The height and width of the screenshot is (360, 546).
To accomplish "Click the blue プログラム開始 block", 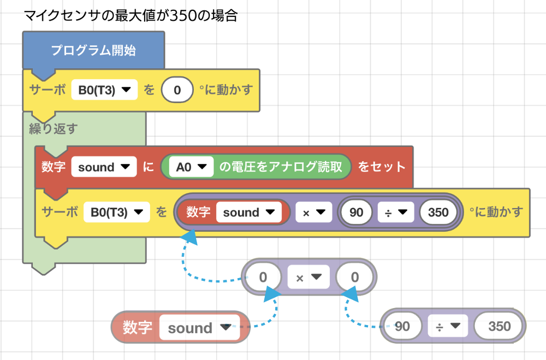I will click(93, 51).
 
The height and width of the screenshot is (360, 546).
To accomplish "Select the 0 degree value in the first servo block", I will click(177, 90).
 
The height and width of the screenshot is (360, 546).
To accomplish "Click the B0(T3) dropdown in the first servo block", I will click(104, 90).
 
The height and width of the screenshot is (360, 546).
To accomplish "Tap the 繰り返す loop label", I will click(53, 129).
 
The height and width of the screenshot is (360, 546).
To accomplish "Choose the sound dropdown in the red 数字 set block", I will click(104, 167).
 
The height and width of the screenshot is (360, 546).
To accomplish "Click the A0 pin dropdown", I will click(191, 167).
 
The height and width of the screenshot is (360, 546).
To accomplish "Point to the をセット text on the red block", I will click(382, 167).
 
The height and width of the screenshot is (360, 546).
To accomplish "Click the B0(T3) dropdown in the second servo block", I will click(117, 212).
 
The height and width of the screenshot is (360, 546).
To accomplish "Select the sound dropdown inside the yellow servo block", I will click(248, 212).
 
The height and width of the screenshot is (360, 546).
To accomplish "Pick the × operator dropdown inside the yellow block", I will click(313, 212).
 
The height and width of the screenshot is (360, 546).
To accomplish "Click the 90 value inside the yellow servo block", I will click(356, 212).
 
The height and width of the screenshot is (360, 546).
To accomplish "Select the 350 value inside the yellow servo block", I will click(438, 212).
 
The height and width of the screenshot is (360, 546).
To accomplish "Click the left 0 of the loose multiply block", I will click(263, 278).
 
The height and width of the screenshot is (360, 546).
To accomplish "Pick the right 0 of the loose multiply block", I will click(354, 278).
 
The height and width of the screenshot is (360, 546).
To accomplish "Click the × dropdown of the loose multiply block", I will click(308, 278).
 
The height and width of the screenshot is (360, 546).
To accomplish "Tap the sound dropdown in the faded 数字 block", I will click(199, 328).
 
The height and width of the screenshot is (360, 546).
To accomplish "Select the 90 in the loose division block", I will click(402, 327).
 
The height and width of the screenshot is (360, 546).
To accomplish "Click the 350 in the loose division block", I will click(499, 327).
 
